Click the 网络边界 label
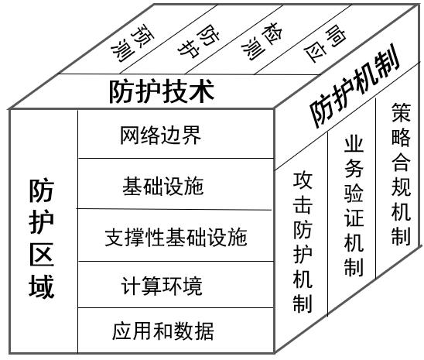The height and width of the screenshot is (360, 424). [161, 135]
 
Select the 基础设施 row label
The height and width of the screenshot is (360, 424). [163, 187]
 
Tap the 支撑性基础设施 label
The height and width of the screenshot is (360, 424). [176, 237]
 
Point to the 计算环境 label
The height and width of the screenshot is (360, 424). [162, 286]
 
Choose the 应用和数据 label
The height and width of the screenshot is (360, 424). [163, 331]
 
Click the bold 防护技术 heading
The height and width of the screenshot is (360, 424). [162, 91]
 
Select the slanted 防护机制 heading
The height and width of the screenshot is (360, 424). [355, 86]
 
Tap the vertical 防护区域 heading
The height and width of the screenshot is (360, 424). [41, 238]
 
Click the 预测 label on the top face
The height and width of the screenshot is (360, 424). [132, 43]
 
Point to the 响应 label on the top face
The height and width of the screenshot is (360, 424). [325, 43]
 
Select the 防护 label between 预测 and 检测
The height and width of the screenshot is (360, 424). [199, 41]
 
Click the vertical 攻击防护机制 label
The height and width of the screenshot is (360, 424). [303, 242]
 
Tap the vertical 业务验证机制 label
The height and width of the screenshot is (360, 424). [354, 207]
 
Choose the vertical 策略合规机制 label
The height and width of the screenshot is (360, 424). [401, 174]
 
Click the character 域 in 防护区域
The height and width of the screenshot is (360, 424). [41, 286]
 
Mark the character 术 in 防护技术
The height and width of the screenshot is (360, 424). [203, 91]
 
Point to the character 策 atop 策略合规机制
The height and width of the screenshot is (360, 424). [401, 112]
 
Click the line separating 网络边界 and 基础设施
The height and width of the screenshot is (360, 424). [176, 158]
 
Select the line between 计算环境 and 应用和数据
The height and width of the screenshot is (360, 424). [176, 307]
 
